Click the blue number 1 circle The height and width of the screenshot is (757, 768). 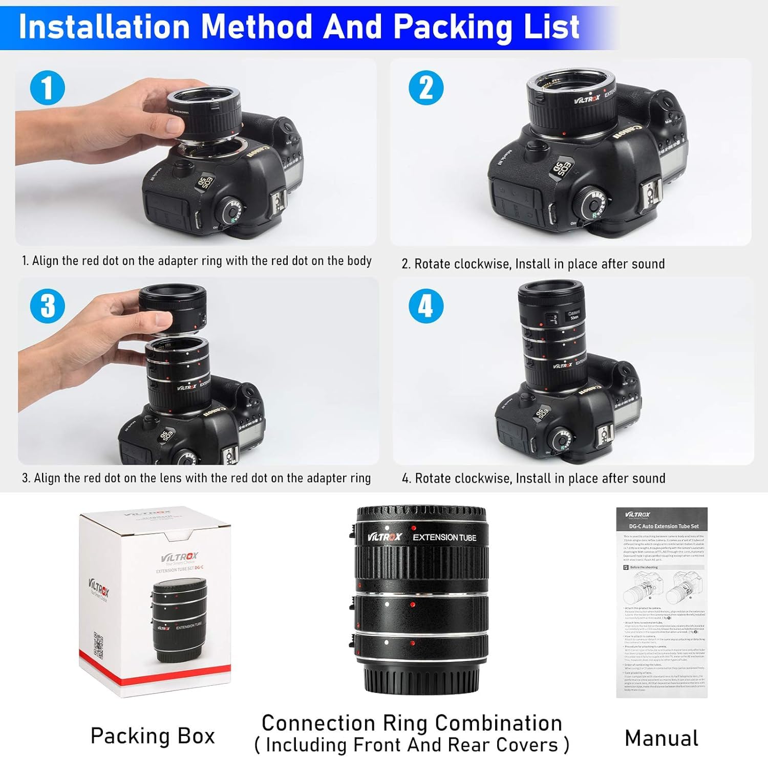click(x=48, y=88)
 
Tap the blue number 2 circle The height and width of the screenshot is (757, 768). click(x=426, y=88)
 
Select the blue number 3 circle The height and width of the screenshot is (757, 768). click(x=48, y=306)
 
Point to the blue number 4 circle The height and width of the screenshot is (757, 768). click(x=426, y=306)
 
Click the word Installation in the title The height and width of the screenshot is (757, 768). click(x=104, y=27)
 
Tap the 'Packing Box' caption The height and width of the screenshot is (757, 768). click(x=153, y=736)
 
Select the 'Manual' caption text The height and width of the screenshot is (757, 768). click(x=662, y=738)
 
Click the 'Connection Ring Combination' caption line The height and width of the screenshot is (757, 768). click(x=412, y=723)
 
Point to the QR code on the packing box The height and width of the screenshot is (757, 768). click(x=98, y=645)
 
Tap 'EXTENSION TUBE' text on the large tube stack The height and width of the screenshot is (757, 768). click(x=444, y=537)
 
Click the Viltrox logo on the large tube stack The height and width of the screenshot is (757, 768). click(x=385, y=537)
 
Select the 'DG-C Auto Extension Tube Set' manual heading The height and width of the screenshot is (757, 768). click(x=664, y=526)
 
